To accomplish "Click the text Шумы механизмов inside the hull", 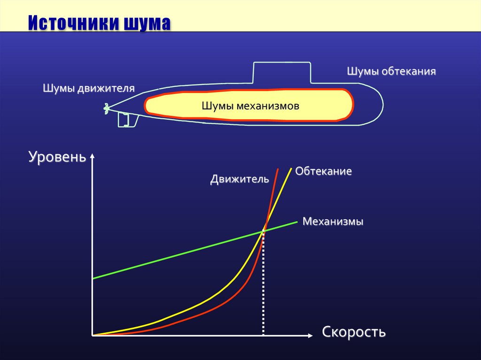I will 250,106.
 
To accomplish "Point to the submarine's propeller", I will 106,108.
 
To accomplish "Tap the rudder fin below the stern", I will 127,120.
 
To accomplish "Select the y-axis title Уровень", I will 57,157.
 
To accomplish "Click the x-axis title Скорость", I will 354,332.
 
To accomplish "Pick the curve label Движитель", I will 240,179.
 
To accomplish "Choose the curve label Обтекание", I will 324,171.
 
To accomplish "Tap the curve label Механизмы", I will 333,222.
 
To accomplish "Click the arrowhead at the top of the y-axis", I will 93,156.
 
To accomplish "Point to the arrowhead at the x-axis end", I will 310,335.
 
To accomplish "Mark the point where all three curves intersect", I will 264,229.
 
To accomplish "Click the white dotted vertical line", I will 263,282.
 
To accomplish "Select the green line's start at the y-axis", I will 94,278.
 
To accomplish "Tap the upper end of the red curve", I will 278,169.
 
